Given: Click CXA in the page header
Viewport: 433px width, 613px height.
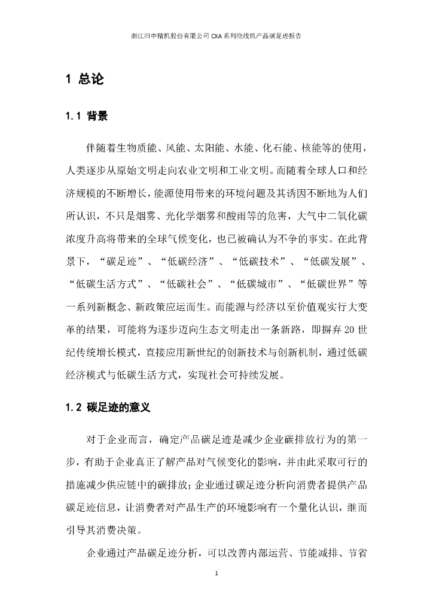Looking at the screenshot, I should coord(216,36).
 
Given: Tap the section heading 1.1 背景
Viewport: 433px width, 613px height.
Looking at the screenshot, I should coord(87,116).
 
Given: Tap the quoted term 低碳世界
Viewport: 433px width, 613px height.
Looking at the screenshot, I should coord(325,283).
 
